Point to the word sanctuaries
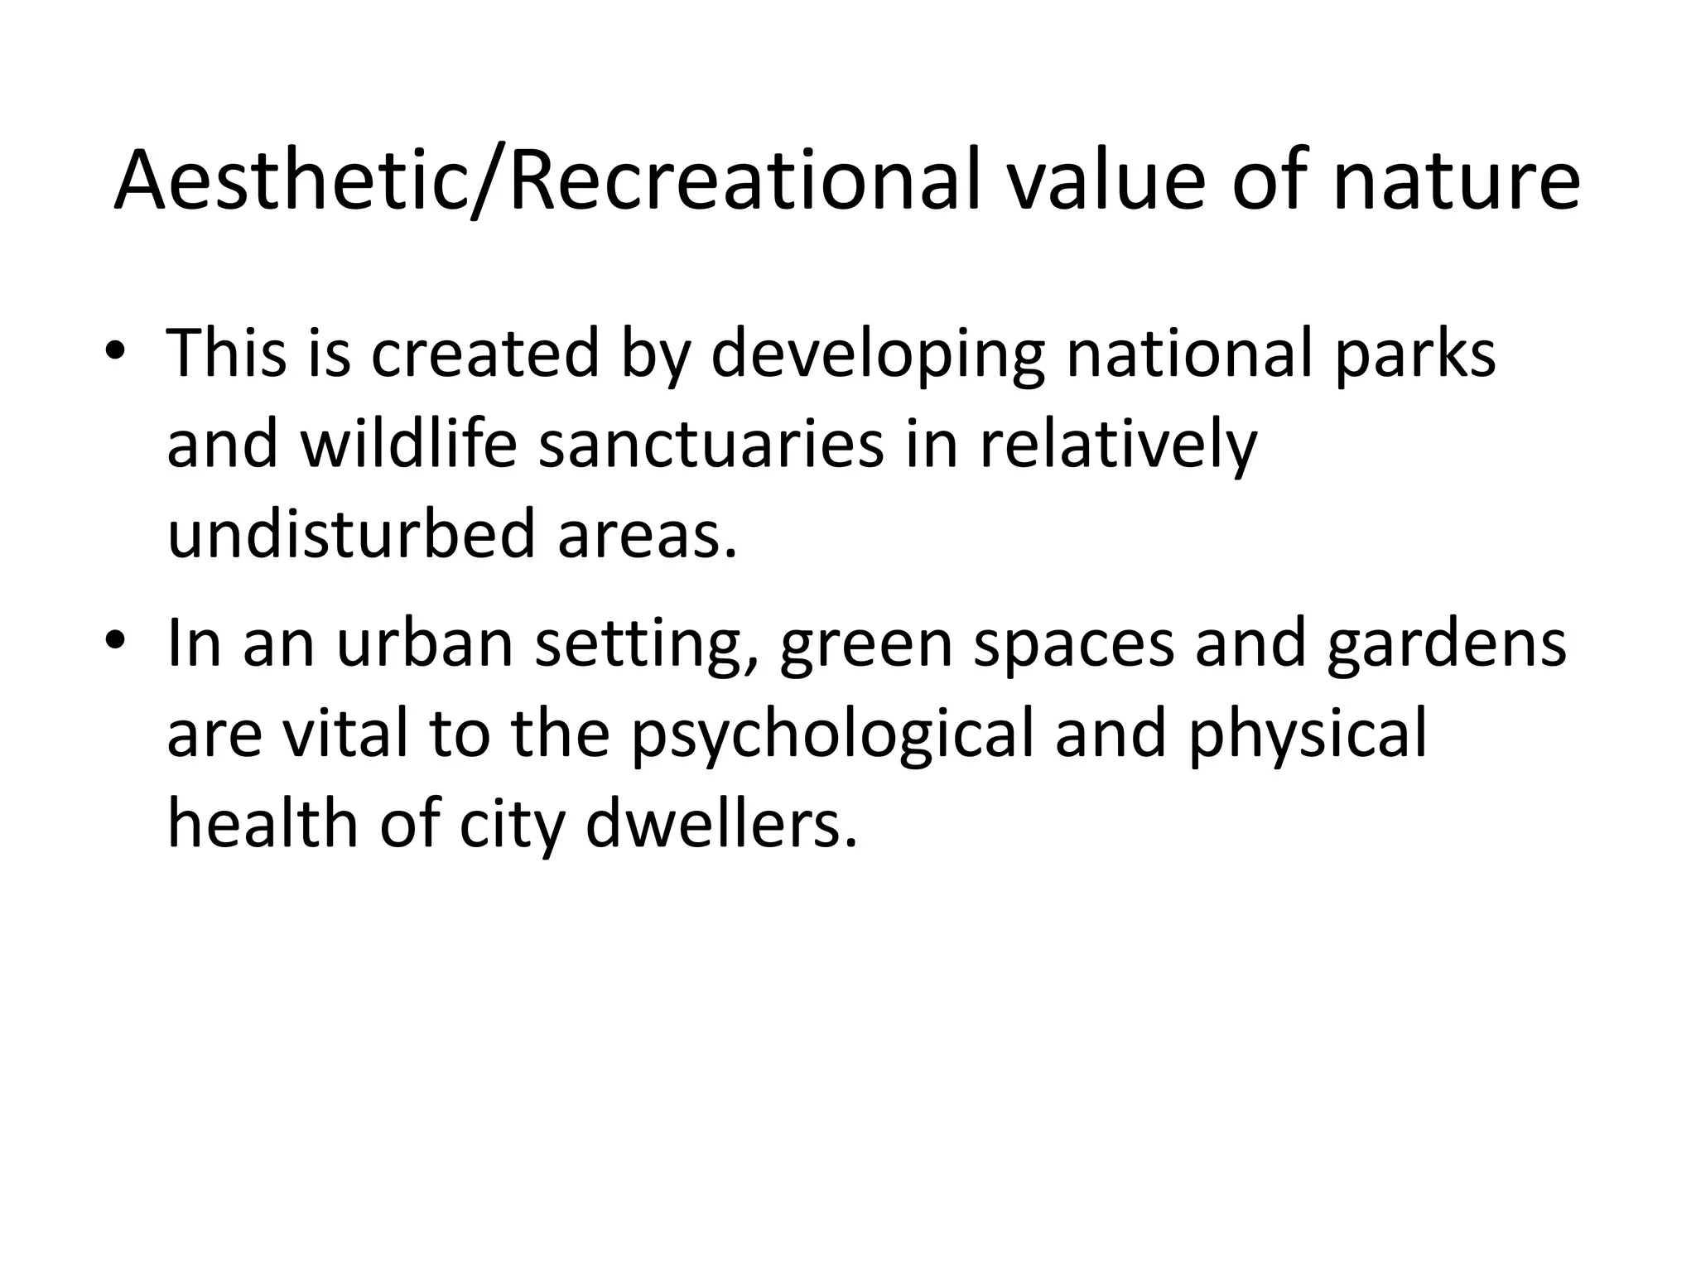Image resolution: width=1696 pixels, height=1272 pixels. click(x=711, y=443)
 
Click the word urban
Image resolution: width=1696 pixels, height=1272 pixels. click(x=425, y=643)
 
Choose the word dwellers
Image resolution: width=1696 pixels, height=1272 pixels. click(x=720, y=824)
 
